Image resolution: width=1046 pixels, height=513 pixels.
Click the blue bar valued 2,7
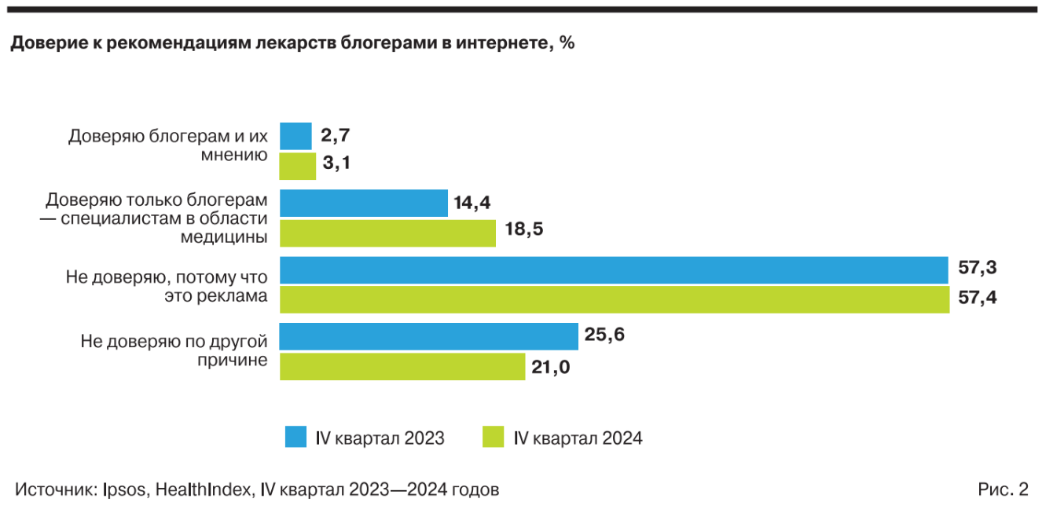(295, 136)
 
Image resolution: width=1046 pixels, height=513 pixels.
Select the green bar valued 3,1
(298, 166)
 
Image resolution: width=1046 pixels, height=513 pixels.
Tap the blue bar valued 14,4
(364, 203)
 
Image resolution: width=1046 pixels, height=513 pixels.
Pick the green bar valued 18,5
(387, 233)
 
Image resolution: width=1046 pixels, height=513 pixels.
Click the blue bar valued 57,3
(614, 269)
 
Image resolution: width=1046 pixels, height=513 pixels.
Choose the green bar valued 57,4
(615, 299)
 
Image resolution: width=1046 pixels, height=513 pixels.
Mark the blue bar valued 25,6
(429, 336)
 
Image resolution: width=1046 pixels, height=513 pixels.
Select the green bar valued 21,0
(402, 366)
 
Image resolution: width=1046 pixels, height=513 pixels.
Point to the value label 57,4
(978, 299)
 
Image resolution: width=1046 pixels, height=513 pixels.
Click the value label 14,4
(472, 203)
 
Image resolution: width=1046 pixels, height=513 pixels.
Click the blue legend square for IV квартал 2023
(295, 437)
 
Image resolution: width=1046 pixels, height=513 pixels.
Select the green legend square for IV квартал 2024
(493, 437)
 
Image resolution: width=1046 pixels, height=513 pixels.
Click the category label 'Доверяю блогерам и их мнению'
(168, 145)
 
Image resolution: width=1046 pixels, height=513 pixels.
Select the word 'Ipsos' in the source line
(123, 489)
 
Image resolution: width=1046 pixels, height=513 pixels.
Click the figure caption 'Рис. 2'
(1003, 489)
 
